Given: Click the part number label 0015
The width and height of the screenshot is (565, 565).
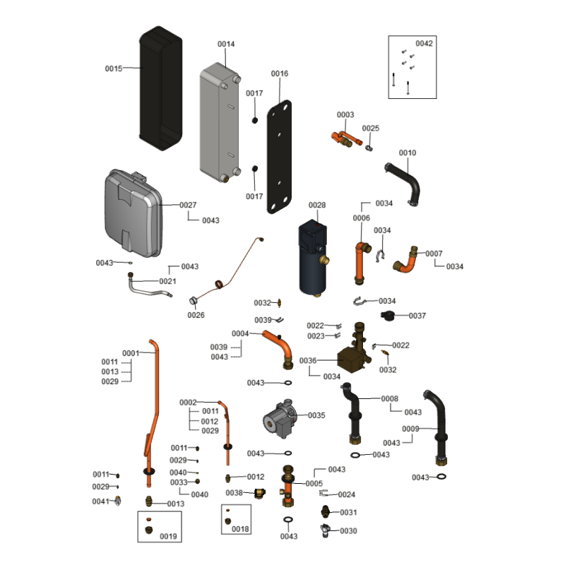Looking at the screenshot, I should click(114, 69).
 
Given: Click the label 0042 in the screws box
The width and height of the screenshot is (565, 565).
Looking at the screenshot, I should click(424, 43).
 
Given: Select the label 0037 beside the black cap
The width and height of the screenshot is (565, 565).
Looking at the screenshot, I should click(417, 316).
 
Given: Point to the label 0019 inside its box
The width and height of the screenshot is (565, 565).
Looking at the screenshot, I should click(168, 537).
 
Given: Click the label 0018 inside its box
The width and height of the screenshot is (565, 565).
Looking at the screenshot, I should click(240, 529).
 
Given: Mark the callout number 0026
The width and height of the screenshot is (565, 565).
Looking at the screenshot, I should click(196, 315).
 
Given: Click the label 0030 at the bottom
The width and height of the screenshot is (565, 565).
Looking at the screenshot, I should click(349, 530).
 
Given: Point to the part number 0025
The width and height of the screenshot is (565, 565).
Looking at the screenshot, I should click(371, 128).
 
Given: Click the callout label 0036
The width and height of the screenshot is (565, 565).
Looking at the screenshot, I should click(308, 360).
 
